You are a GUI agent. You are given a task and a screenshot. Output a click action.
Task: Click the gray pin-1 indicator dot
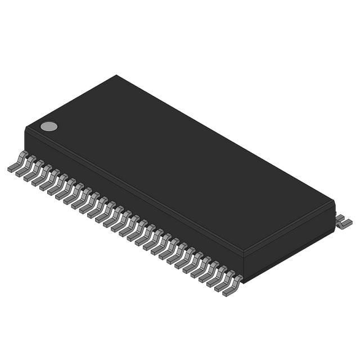point(49,126)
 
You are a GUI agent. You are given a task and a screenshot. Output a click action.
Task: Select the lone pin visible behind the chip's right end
point(343,221)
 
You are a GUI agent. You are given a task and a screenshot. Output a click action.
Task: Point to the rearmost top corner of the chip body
point(116,75)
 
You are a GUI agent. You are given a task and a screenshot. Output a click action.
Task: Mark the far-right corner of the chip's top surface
point(335,201)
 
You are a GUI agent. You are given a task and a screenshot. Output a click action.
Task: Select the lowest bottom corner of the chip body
point(244,281)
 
